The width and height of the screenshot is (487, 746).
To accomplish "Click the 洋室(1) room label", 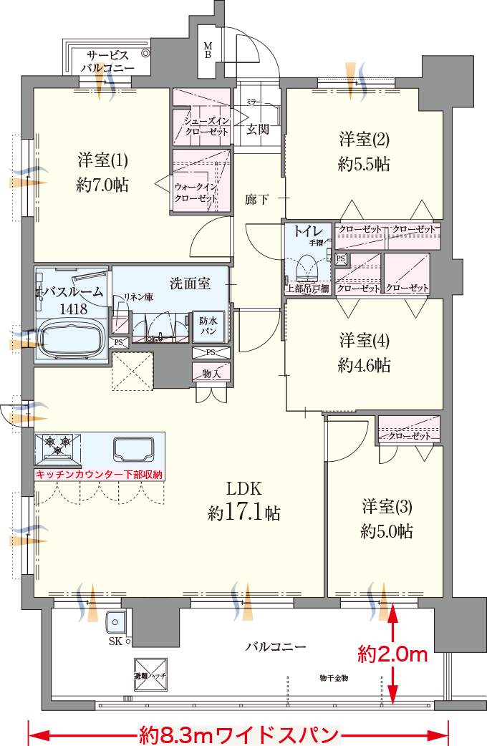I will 102,172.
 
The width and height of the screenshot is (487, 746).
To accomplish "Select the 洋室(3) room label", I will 386,519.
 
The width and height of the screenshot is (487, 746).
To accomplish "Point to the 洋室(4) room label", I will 364,352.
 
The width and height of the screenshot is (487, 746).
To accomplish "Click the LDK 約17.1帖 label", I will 243,501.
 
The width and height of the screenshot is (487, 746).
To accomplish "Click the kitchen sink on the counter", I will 134,449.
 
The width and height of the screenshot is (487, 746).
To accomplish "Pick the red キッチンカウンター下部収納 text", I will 100,474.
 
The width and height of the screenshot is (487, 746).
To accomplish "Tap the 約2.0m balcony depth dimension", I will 392,654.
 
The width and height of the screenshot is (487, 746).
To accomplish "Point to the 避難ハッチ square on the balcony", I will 150,674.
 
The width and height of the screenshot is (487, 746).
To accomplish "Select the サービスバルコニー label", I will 107,61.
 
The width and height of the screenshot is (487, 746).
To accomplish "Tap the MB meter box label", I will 208,49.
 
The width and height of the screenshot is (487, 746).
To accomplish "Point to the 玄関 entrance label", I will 258,130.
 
